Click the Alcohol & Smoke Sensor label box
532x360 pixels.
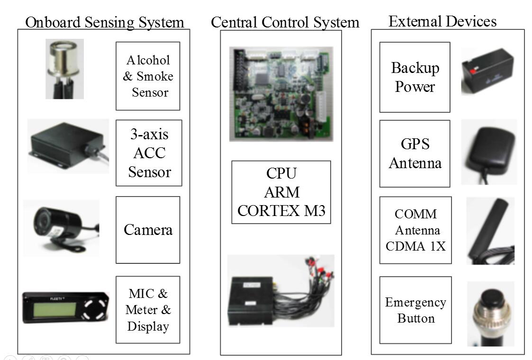coord(148,76)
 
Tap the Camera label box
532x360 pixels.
coord(148,230)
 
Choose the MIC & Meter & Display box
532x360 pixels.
coord(148,310)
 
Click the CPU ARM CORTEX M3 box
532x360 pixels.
coord(281,192)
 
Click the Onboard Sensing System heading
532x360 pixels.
coord(104,22)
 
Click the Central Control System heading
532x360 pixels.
coord(285,22)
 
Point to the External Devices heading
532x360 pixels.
coord(442,21)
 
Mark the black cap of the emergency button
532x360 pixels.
coord(490,297)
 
